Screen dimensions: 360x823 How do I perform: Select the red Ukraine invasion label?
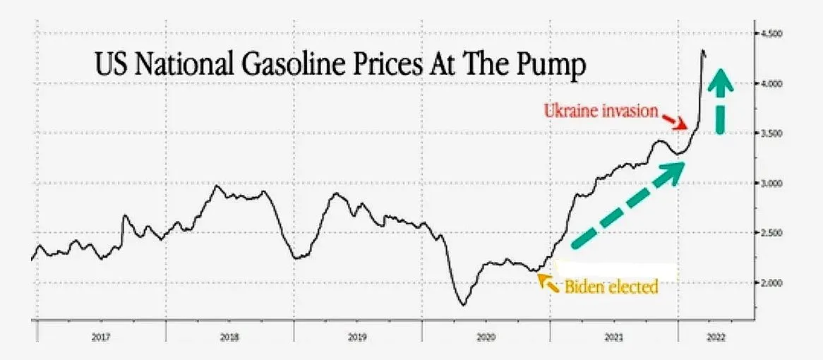click(601, 110)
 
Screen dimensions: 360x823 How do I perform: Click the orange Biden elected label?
click(611, 287)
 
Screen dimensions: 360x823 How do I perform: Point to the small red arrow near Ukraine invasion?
click(678, 121)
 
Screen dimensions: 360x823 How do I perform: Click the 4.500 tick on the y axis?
click(772, 34)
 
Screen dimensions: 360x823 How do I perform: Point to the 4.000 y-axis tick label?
click(772, 84)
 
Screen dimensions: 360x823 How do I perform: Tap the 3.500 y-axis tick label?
click(772, 133)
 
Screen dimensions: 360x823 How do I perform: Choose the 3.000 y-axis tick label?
click(772, 184)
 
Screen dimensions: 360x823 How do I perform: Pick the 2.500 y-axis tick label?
click(772, 233)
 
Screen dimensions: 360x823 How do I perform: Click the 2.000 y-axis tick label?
click(772, 283)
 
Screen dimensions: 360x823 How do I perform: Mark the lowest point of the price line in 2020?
click(463, 305)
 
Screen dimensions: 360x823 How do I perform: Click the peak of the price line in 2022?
click(702, 50)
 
